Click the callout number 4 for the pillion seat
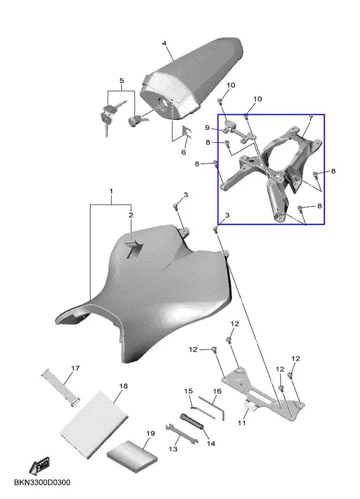(164, 43)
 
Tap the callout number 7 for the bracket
(311, 119)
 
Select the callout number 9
(207, 128)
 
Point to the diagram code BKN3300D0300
(42, 482)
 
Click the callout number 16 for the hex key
(217, 391)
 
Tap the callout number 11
(241, 423)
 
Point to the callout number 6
(183, 152)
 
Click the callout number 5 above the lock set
(122, 80)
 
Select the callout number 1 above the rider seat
(111, 191)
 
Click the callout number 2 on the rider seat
(130, 215)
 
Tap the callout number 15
(188, 391)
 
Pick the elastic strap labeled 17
(61, 388)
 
